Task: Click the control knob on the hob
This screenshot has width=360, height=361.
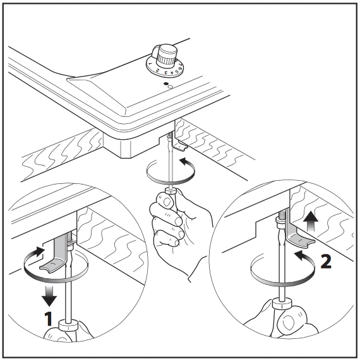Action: [x=167, y=54]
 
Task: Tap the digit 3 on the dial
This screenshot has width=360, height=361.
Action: [x=166, y=73]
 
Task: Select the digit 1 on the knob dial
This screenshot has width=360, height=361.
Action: [x=150, y=63]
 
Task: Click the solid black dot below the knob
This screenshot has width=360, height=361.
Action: [x=165, y=84]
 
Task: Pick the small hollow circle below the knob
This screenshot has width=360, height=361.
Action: [x=171, y=87]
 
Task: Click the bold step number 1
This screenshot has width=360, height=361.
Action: [x=48, y=319]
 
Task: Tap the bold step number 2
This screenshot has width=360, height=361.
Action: [x=326, y=261]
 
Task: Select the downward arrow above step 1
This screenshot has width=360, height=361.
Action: [x=49, y=295]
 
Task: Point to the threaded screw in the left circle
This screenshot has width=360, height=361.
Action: [x=70, y=239]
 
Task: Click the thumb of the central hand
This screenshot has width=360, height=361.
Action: [x=165, y=201]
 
